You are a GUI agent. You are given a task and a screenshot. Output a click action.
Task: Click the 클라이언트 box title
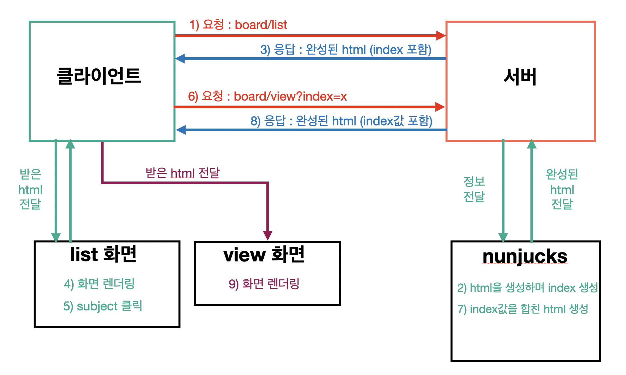(99, 76)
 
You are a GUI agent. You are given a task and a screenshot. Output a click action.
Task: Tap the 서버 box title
(520, 77)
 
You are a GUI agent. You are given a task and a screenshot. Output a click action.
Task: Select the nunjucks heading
(525, 256)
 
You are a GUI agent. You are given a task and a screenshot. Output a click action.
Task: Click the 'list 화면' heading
(104, 254)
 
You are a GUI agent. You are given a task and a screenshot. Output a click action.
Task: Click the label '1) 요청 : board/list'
(238, 25)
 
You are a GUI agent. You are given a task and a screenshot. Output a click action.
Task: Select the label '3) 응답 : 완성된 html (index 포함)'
(346, 50)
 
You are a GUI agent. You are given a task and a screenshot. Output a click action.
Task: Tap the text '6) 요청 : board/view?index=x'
(267, 96)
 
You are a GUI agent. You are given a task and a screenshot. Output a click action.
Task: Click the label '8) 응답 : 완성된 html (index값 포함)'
(341, 121)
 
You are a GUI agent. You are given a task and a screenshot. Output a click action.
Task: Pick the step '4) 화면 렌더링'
(99, 284)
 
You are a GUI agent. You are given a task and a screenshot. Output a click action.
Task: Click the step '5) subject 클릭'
(103, 306)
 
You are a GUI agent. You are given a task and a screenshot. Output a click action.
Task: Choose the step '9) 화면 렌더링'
(264, 284)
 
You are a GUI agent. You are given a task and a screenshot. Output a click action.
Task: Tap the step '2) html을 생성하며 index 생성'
(527, 287)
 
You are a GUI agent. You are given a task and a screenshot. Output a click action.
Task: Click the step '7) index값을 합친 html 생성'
(523, 309)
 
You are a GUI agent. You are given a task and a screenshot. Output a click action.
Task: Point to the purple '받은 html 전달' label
(182, 173)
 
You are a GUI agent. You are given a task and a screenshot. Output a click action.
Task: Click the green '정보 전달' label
(474, 189)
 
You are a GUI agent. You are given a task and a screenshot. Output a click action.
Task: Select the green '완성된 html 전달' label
(562, 189)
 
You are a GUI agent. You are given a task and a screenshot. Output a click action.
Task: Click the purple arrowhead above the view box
(268, 235)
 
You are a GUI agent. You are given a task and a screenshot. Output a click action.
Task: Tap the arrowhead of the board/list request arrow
(441, 36)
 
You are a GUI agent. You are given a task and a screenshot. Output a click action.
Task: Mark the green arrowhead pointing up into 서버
(532, 144)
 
